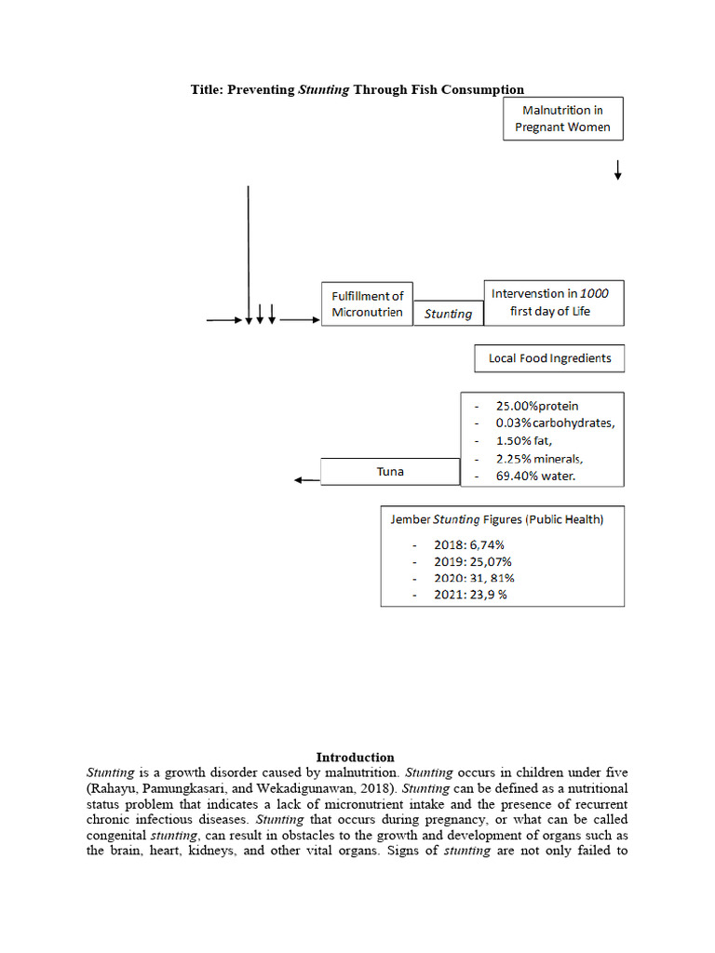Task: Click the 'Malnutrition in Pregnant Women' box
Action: (x=562, y=118)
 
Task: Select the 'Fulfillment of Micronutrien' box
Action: (x=367, y=304)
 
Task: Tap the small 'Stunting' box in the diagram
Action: (x=448, y=314)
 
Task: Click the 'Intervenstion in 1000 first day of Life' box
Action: (x=553, y=302)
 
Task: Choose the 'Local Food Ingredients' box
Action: (x=550, y=358)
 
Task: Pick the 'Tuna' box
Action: (x=390, y=472)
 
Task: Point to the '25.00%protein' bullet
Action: (x=536, y=406)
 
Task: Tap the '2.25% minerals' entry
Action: (x=540, y=458)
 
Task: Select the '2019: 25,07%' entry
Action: (x=472, y=561)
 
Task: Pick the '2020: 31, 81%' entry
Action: (x=474, y=578)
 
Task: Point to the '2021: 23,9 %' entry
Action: (x=470, y=595)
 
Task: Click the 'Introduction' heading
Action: (x=356, y=758)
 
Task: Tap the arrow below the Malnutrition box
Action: (x=617, y=170)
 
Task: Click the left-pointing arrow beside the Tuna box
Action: (x=305, y=479)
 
